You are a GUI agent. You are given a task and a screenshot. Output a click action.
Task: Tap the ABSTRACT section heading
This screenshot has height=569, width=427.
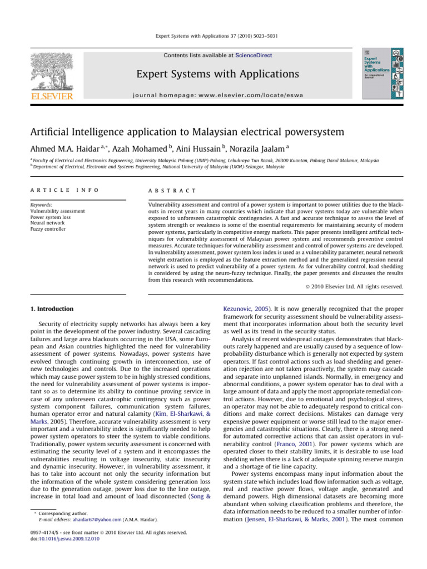click(x=170, y=190)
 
